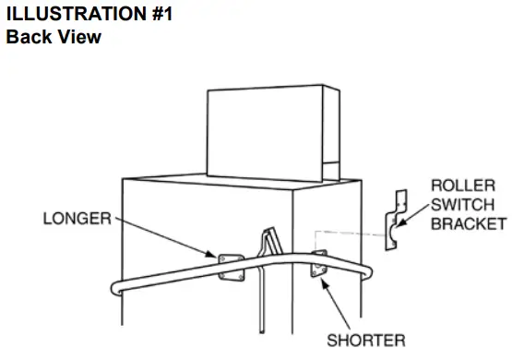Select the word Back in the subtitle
pos(29,38)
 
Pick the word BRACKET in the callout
pos(469,223)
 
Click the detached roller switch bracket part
pos(397,222)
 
